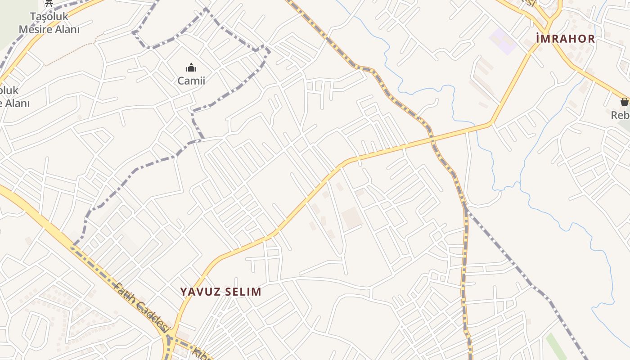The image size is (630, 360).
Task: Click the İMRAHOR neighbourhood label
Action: click(x=566, y=39)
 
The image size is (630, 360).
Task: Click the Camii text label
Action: click(x=191, y=81)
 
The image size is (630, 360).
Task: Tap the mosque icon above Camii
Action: click(x=191, y=68)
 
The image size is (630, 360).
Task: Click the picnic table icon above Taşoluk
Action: click(x=49, y=3)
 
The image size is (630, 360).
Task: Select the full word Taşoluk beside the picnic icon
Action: click(x=49, y=17)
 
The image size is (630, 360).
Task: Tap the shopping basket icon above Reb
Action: click(x=624, y=102)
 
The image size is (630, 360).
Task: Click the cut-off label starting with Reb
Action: click(x=620, y=115)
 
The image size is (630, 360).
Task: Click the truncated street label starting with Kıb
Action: click(x=202, y=353)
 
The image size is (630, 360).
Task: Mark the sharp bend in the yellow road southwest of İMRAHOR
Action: click(x=490, y=123)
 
